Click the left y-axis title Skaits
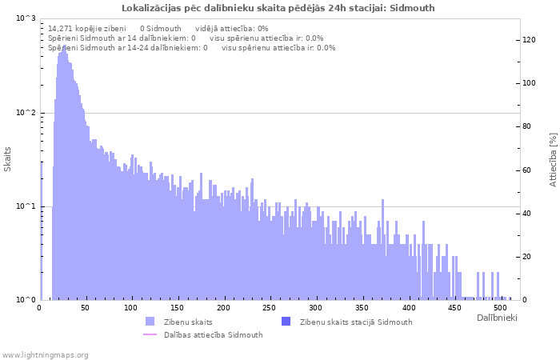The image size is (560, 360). click(x=8, y=159)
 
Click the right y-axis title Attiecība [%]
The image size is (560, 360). click(x=552, y=160)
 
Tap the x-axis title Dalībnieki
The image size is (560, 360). click(x=497, y=318)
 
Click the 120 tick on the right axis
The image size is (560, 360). click(x=529, y=39)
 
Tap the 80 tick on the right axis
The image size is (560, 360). click(x=526, y=126)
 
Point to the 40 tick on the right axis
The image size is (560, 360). click(x=526, y=214)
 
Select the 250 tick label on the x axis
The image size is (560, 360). click(x=270, y=307)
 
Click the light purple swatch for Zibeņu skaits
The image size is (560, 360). click(x=150, y=322)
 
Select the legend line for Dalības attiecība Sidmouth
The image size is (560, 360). click(x=150, y=334)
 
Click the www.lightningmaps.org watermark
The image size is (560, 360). click(x=45, y=354)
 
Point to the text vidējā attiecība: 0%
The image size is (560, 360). click(x=232, y=28)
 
